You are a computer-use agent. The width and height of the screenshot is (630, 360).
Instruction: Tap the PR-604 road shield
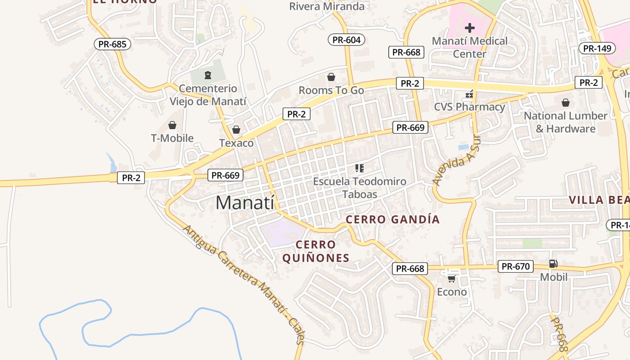click(x=346, y=40)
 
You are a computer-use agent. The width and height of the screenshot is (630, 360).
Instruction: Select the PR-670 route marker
click(x=516, y=266)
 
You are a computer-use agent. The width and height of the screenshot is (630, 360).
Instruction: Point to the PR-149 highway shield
click(x=597, y=48)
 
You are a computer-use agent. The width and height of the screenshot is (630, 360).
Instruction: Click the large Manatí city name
click(x=245, y=203)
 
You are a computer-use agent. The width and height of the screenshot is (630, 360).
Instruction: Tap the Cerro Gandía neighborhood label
click(x=392, y=220)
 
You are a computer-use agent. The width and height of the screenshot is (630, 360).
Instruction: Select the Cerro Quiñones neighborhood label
click(x=315, y=252)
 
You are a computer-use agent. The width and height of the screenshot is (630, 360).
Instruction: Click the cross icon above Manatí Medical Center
click(x=469, y=28)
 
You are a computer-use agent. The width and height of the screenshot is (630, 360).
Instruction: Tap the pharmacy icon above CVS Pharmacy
click(x=469, y=94)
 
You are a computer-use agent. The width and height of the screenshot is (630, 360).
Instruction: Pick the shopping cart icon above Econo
click(x=451, y=279)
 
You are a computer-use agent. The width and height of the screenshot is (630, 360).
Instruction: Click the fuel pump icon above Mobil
click(x=553, y=264)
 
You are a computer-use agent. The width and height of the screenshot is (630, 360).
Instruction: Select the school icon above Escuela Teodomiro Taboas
click(x=359, y=168)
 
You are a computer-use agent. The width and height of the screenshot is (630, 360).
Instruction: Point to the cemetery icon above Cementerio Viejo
click(x=207, y=75)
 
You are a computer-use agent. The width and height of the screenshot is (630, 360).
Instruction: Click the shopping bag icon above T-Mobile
click(x=172, y=125)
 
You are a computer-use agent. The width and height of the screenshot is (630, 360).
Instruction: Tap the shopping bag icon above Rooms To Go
click(x=331, y=77)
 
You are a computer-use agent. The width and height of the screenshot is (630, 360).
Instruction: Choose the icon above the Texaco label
click(x=236, y=130)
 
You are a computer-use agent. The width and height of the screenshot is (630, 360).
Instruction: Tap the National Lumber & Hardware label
click(x=566, y=122)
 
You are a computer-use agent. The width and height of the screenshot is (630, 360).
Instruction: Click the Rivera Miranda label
click(x=327, y=6)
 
